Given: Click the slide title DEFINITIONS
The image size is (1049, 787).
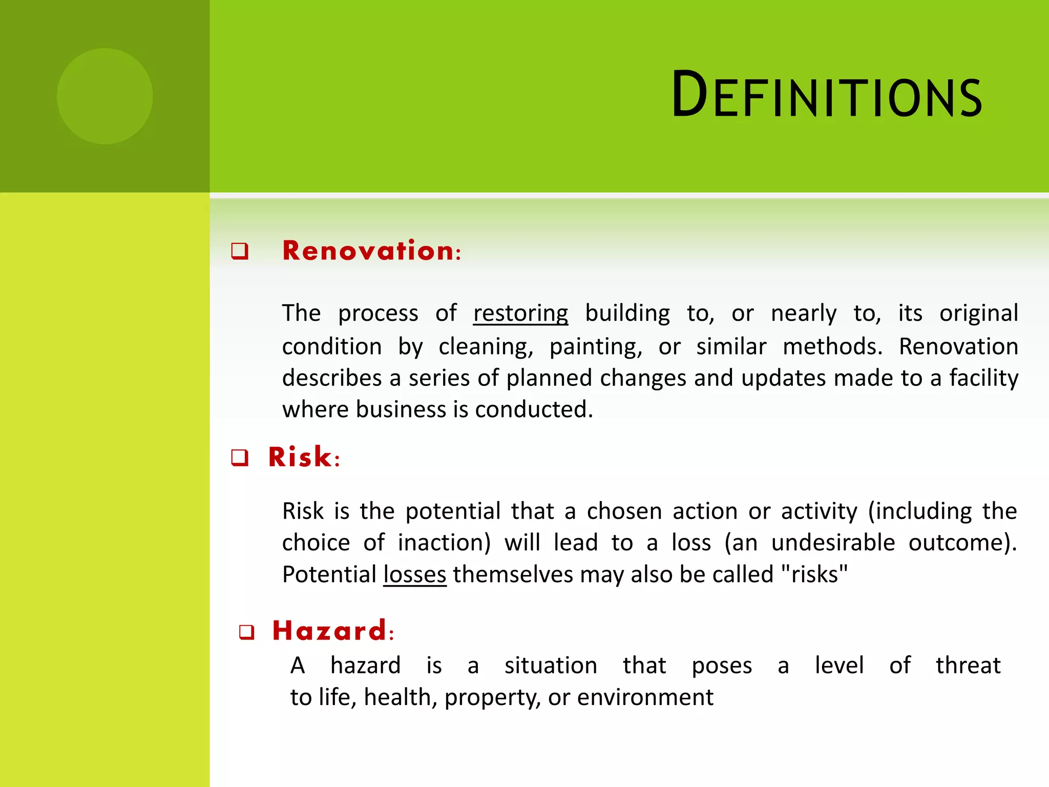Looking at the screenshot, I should point(826,95).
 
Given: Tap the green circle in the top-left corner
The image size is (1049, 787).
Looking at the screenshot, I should point(104,96).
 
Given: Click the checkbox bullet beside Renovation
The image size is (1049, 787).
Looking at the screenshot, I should point(240,252).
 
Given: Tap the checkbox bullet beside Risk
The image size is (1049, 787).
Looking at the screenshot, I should point(240,458).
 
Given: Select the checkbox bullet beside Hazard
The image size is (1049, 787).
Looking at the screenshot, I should point(247,632).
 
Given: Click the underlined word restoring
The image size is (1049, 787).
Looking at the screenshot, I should point(520,313).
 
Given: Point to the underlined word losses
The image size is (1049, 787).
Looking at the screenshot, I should point(415,574).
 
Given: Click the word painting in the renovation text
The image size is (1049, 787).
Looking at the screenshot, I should point(596,347).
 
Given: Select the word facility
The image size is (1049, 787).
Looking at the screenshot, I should point(983,379).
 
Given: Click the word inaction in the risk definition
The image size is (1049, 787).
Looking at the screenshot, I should point(444,543).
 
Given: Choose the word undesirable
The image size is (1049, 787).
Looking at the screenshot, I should point(833,543).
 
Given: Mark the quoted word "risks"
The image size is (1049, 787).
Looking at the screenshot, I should point(814,574).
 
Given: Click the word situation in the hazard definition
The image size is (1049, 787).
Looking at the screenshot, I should point(551,666).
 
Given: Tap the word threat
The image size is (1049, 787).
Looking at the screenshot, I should point(968,666).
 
